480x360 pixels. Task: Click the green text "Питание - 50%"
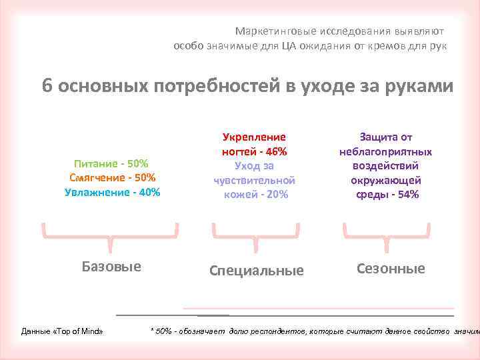click(111, 163)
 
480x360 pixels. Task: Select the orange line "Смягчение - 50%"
click(111, 177)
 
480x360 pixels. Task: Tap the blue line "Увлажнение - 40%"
click(112, 192)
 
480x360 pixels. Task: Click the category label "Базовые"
click(111, 267)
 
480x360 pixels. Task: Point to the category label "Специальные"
click(256, 270)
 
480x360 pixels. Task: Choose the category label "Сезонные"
click(391, 269)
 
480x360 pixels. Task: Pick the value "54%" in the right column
click(406, 194)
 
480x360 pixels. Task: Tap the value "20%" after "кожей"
click(275, 194)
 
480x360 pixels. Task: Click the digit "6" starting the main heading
click(47, 87)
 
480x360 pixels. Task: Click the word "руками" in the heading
click(417, 87)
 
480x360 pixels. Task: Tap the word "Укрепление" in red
click(254, 137)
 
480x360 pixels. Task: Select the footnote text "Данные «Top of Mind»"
click(62, 331)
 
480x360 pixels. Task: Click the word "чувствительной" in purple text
click(254, 180)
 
